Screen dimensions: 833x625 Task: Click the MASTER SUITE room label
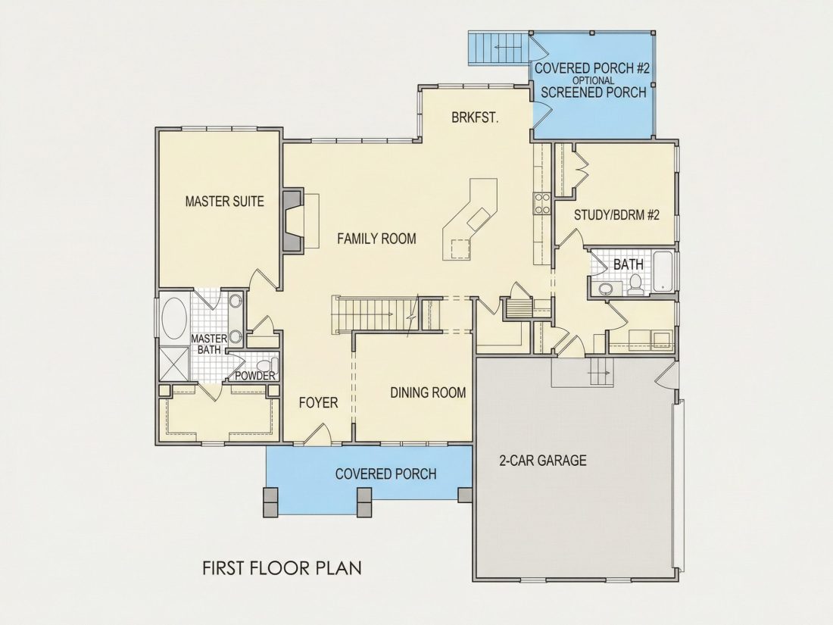(225, 202)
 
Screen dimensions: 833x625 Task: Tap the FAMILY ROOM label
(376, 239)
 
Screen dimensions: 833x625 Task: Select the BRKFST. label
(475, 117)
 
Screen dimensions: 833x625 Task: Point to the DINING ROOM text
(428, 392)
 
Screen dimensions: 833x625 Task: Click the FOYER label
(318, 402)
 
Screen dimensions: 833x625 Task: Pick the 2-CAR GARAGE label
(543, 460)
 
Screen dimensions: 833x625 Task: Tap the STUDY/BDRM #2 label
(616, 215)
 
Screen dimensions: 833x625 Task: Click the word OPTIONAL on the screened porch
(594, 80)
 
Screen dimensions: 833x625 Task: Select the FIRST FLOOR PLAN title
(282, 567)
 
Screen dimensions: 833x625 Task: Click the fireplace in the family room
(293, 218)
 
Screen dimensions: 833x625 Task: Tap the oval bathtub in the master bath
(173, 320)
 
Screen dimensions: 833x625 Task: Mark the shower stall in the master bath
(173, 364)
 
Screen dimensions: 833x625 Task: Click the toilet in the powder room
(266, 366)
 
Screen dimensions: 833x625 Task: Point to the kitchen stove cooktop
(542, 204)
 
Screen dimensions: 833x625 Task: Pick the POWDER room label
(255, 376)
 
